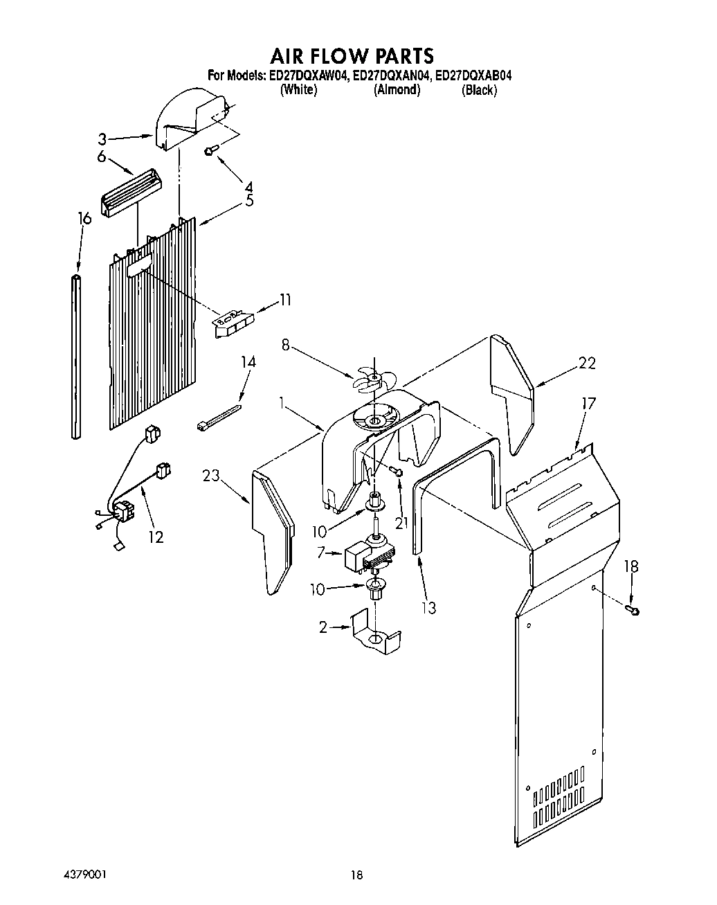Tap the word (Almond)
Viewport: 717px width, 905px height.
397,90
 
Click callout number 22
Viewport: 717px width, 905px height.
587,363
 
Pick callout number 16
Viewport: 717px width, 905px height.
84,219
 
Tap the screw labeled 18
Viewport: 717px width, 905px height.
633,609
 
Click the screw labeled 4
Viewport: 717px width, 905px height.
210,150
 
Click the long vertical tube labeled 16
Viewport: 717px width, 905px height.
76,357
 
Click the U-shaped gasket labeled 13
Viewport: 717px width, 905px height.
457,478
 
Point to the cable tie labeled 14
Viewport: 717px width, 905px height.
219,418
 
